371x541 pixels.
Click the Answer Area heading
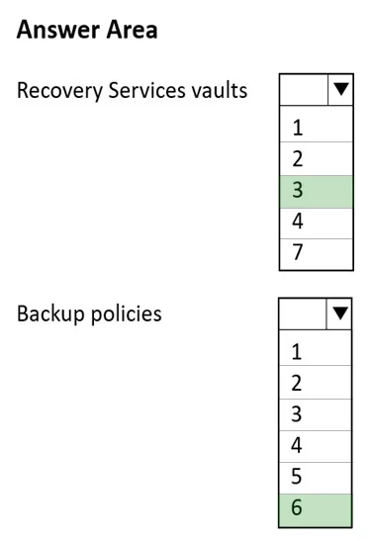87,30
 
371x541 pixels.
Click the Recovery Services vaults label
133,91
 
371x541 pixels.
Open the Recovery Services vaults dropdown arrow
340,89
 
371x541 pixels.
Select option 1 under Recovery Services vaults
317,127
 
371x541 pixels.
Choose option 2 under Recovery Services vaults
317,158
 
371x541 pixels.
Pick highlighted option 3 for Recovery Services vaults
317,192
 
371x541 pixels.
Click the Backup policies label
89,315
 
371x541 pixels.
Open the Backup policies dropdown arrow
339,314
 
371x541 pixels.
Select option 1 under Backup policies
316,351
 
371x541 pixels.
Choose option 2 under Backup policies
316,383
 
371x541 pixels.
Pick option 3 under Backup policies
316,414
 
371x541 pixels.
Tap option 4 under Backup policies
316,446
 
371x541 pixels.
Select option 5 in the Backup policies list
316,478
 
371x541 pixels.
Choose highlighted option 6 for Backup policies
316,510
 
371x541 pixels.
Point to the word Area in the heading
132,30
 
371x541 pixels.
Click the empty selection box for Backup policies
303,314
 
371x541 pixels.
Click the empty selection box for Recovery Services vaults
304,89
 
